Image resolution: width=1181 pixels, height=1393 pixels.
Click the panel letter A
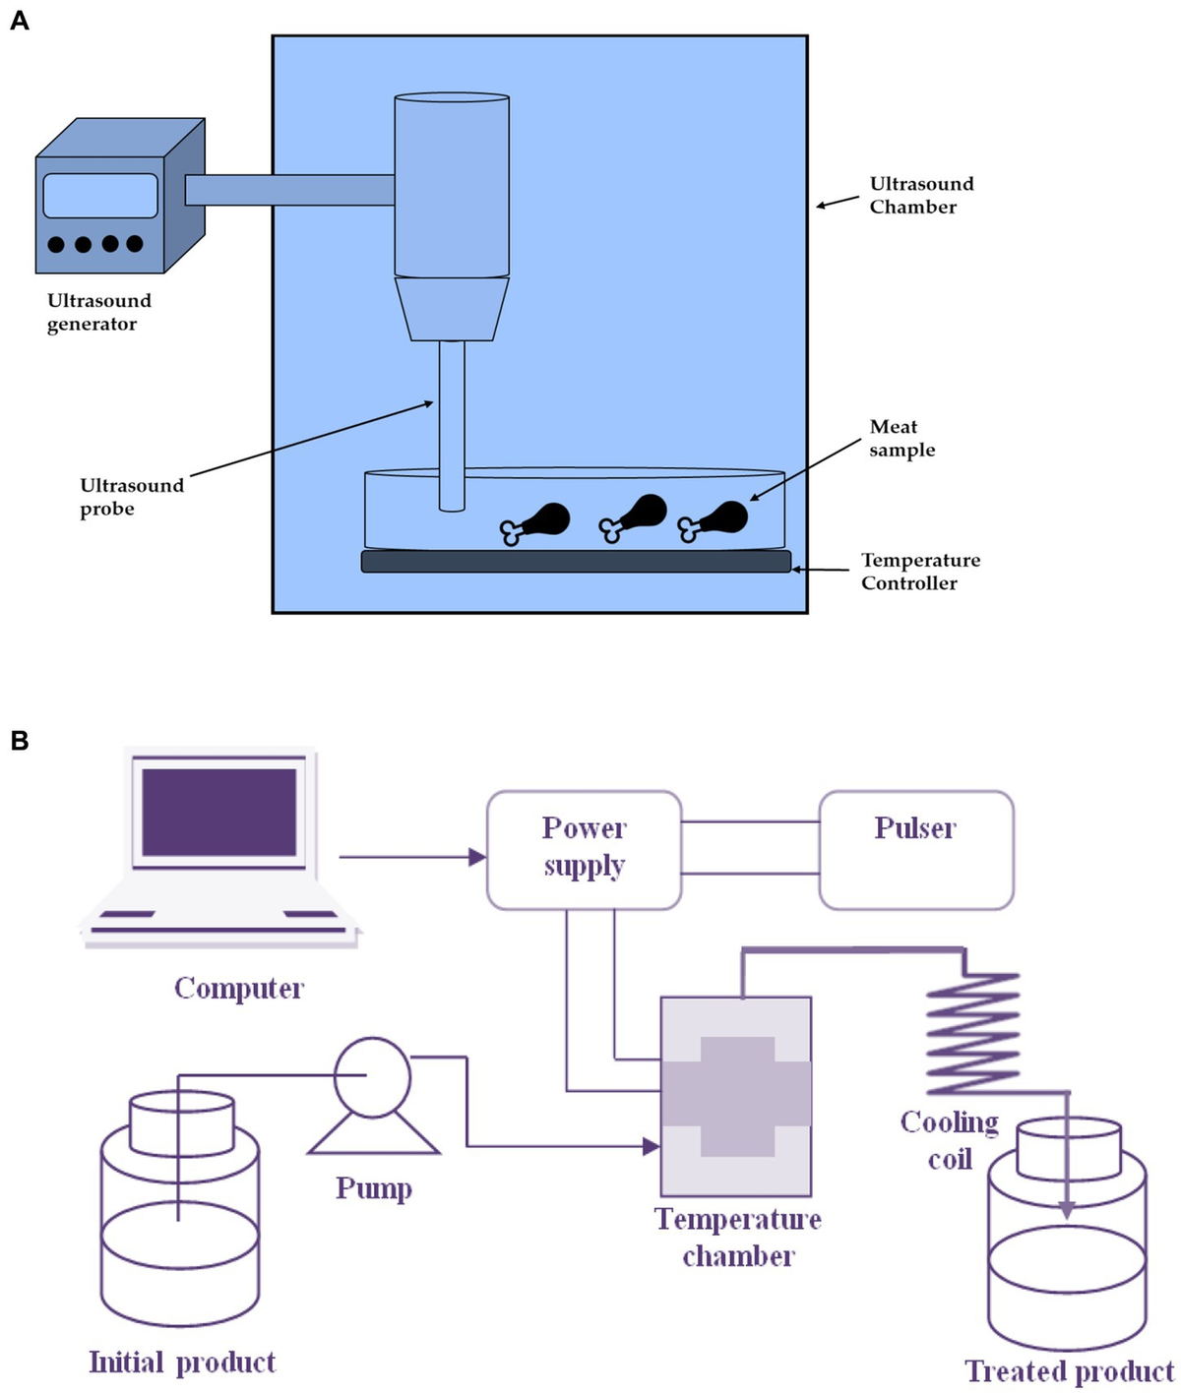(19, 20)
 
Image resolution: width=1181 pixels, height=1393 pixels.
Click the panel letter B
(19, 741)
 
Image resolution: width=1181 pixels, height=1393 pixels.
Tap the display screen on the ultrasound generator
(100, 196)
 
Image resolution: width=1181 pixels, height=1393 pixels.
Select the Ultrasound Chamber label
(920, 195)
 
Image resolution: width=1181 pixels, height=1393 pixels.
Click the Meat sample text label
(901, 438)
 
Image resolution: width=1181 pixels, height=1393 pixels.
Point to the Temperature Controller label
(919, 572)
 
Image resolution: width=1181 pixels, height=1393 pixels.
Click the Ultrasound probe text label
(131, 497)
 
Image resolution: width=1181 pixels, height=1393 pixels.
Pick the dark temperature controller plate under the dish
(576, 561)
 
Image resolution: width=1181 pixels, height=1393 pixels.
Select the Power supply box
(584, 849)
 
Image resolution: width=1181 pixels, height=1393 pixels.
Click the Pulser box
(915, 849)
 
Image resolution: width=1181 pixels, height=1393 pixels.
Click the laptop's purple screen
(218, 813)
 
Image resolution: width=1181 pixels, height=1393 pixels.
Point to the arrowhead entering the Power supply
(477, 857)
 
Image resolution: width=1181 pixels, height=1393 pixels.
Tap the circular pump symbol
(372, 1078)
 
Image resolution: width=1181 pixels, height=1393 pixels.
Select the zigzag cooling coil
(972, 1033)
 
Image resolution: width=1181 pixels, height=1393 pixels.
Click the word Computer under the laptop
(239, 988)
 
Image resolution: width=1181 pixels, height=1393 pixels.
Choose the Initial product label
(182, 1362)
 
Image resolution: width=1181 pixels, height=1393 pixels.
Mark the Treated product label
(1069, 1371)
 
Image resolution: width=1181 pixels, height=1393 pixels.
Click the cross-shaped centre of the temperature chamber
(736, 1095)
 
